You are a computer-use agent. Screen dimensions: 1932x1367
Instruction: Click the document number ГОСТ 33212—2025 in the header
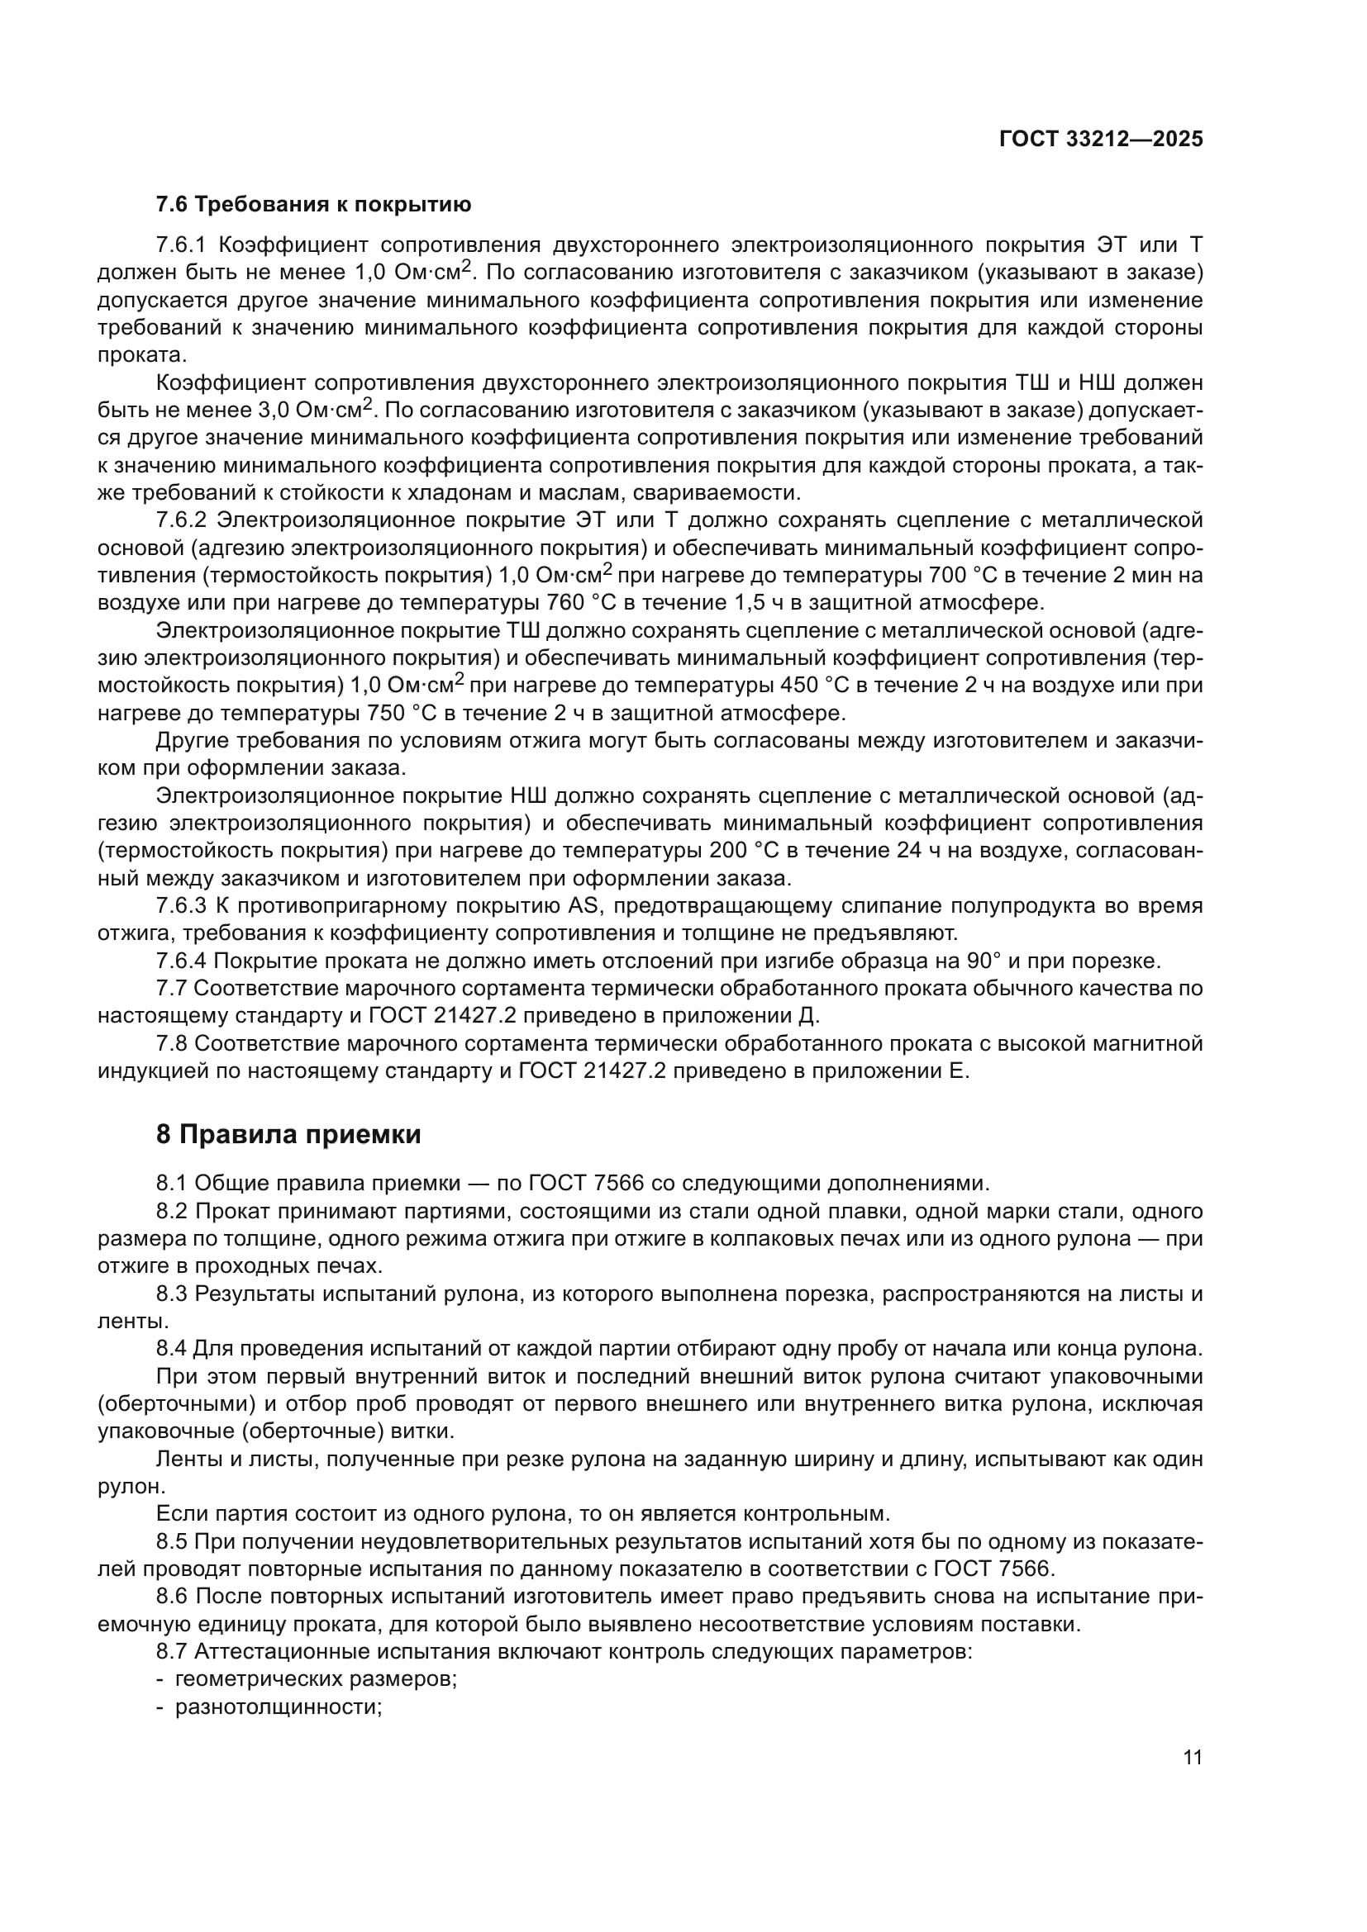[x=1101, y=139]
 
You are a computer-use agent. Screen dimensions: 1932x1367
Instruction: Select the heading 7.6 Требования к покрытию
[x=313, y=205]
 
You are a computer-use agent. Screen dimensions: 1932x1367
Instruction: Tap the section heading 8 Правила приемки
[x=288, y=1134]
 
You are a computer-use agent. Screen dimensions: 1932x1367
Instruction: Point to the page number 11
[x=1193, y=1757]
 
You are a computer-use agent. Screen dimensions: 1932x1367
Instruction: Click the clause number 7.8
[x=172, y=1044]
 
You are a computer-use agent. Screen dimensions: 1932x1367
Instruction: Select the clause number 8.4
[x=172, y=1347]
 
